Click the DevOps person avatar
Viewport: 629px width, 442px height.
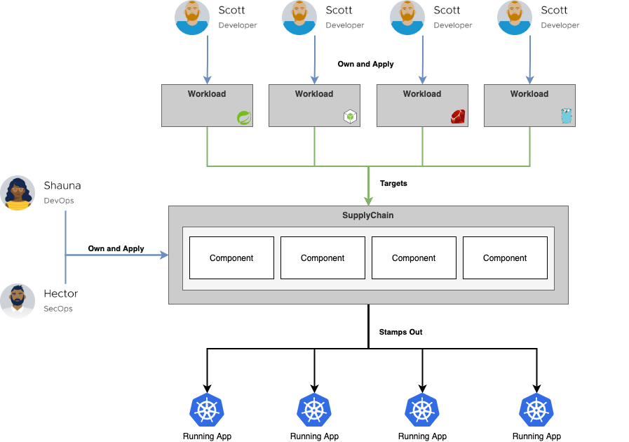coord(18,193)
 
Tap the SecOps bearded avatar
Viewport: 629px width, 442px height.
coord(18,301)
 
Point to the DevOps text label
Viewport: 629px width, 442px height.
coord(59,201)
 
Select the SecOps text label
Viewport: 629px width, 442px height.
coord(59,309)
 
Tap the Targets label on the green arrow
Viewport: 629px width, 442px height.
coord(393,183)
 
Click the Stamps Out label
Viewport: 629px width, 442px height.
coord(400,332)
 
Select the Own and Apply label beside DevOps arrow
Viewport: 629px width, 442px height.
coord(116,248)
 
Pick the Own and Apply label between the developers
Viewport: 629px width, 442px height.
coord(365,64)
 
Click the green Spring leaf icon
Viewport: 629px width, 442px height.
coord(244,117)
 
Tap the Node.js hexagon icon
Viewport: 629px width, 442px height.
coord(350,116)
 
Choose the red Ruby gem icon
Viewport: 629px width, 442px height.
coord(459,116)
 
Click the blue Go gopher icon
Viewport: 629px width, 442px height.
coord(567,116)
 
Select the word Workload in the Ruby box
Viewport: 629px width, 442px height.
coord(422,94)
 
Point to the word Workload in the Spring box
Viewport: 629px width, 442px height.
coord(207,94)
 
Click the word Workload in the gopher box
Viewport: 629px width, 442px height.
coord(529,94)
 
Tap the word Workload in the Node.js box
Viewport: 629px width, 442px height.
coord(314,94)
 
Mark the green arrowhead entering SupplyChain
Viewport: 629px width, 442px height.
coord(368,201)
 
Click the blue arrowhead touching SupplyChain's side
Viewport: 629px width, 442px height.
coord(165,255)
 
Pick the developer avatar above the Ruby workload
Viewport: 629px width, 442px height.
coord(407,18)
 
